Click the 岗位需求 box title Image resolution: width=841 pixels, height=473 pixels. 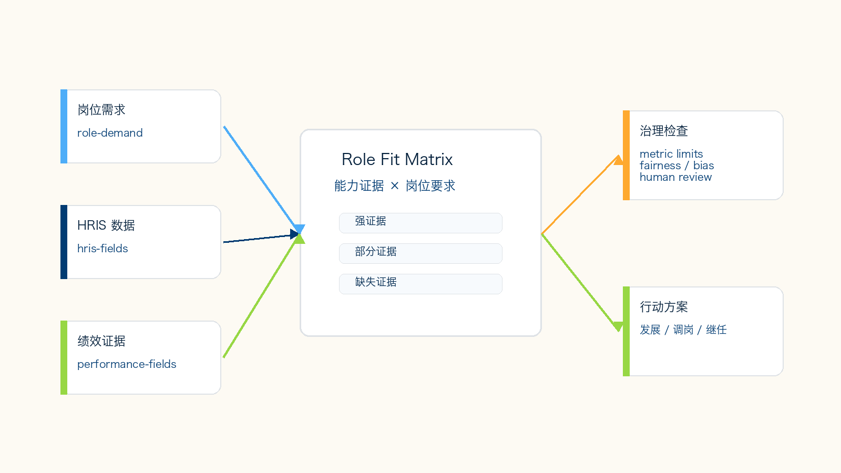(101, 110)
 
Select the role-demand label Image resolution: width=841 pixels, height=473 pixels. (110, 133)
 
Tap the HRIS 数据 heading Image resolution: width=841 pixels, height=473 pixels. (106, 225)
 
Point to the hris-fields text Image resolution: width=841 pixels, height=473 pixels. (102, 249)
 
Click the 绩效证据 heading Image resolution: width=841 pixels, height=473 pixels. (101, 341)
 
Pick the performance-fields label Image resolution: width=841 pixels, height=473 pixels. (127, 364)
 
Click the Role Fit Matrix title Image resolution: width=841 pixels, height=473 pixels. (397, 160)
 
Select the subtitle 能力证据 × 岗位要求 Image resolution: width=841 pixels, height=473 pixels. (395, 186)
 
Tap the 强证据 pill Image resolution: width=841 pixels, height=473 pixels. (420, 223)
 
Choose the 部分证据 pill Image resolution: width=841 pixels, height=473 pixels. (420, 253)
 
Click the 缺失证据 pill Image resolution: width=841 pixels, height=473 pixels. (420, 284)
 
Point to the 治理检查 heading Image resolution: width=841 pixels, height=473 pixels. (664, 131)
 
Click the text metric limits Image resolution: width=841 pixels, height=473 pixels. (671, 154)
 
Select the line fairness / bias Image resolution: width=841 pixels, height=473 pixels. (677, 166)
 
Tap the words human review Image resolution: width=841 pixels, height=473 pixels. (676, 177)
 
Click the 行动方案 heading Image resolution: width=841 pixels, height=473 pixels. (664, 307)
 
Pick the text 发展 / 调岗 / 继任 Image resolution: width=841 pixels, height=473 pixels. (683, 330)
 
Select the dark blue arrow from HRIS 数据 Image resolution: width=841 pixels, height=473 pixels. (261, 238)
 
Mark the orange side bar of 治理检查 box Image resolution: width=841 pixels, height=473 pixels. (626, 156)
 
